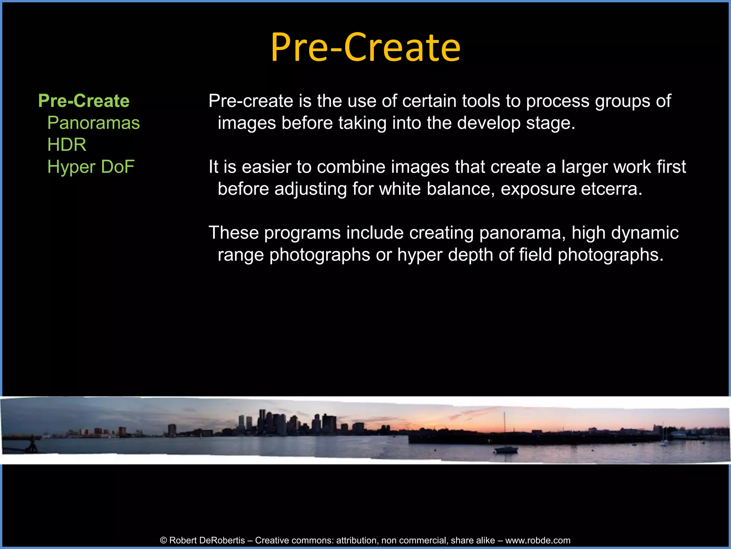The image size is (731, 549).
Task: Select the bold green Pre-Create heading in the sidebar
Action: [x=84, y=101]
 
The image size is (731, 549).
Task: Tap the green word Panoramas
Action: [x=93, y=123]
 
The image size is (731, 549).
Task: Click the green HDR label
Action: [x=67, y=145]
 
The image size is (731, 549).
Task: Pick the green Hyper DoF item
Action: [x=91, y=167]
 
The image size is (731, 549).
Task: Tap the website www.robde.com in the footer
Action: [x=538, y=540]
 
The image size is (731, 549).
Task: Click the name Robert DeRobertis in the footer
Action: [x=207, y=540]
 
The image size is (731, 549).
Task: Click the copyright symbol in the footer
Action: [x=164, y=540]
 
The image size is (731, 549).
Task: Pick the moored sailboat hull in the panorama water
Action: [x=506, y=450]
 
